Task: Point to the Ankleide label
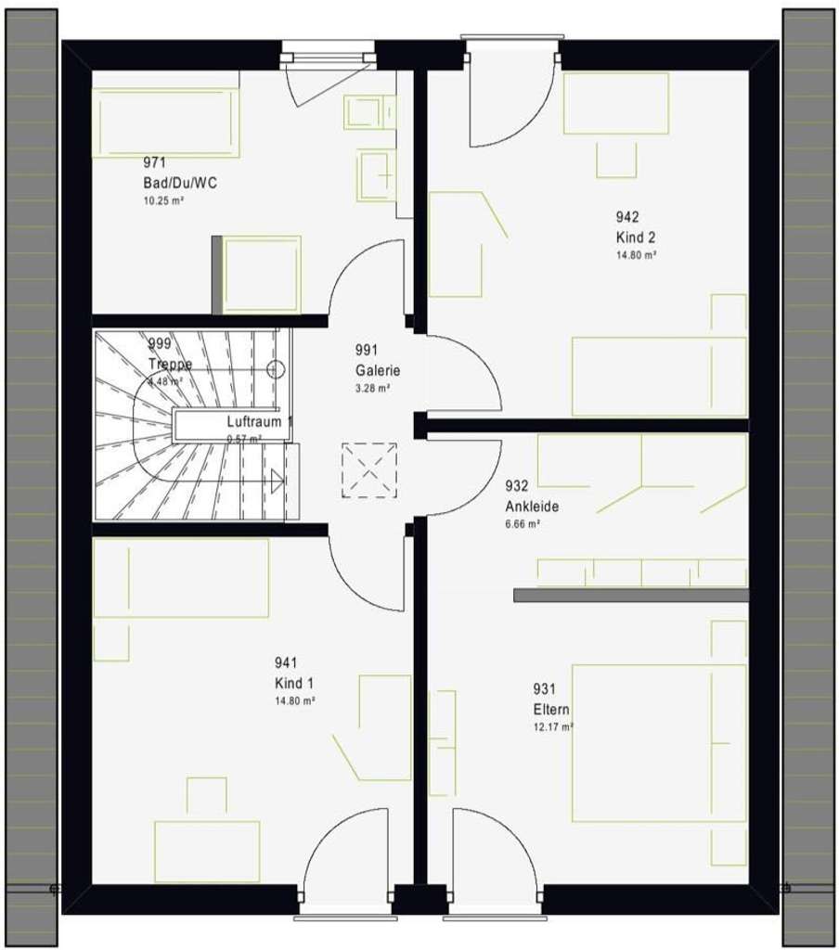point(532,507)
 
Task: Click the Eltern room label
point(550,709)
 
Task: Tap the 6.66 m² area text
point(523,524)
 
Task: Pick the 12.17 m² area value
point(553,726)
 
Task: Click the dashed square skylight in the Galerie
point(368,470)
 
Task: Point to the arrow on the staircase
point(277,481)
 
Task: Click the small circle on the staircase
point(275,368)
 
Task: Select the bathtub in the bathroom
point(166,122)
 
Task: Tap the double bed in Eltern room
point(659,742)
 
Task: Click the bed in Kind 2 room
point(659,376)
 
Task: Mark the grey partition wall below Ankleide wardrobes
point(631,595)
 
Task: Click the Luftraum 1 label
point(259,421)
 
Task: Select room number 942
point(626,217)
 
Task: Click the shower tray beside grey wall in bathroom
point(263,275)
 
